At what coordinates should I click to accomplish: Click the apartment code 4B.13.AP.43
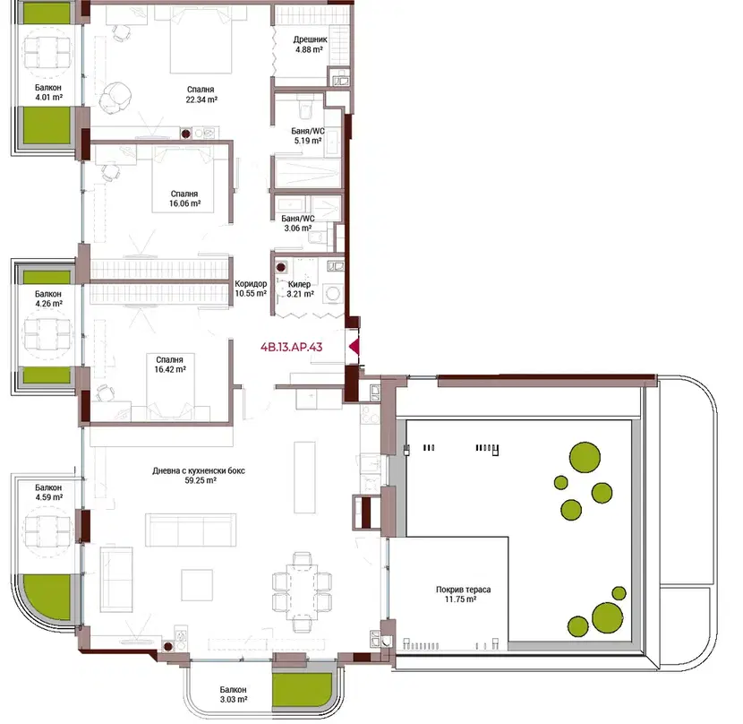click(292, 347)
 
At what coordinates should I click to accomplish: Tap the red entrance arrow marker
click(354, 348)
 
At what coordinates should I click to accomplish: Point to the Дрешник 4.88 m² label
click(310, 44)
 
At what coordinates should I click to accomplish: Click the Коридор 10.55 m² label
click(251, 289)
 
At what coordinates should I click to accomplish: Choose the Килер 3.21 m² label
click(300, 289)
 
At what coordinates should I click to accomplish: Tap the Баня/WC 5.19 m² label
click(308, 135)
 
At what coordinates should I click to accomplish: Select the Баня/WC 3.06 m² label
click(298, 223)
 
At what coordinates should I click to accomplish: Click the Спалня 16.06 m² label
click(184, 198)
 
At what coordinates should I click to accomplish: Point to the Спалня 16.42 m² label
click(170, 365)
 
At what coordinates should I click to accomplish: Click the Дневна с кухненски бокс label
click(199, 470)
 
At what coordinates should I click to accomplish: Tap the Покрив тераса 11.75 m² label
click(463, 594)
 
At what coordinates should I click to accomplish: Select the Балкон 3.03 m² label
click(233, 694)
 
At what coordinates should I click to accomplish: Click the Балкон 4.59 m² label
click(49, 492)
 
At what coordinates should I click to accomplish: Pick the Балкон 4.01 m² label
click(48, 92)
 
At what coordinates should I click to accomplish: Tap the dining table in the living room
click(302, 592)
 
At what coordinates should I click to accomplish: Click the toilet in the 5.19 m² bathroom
click(304, 108)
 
